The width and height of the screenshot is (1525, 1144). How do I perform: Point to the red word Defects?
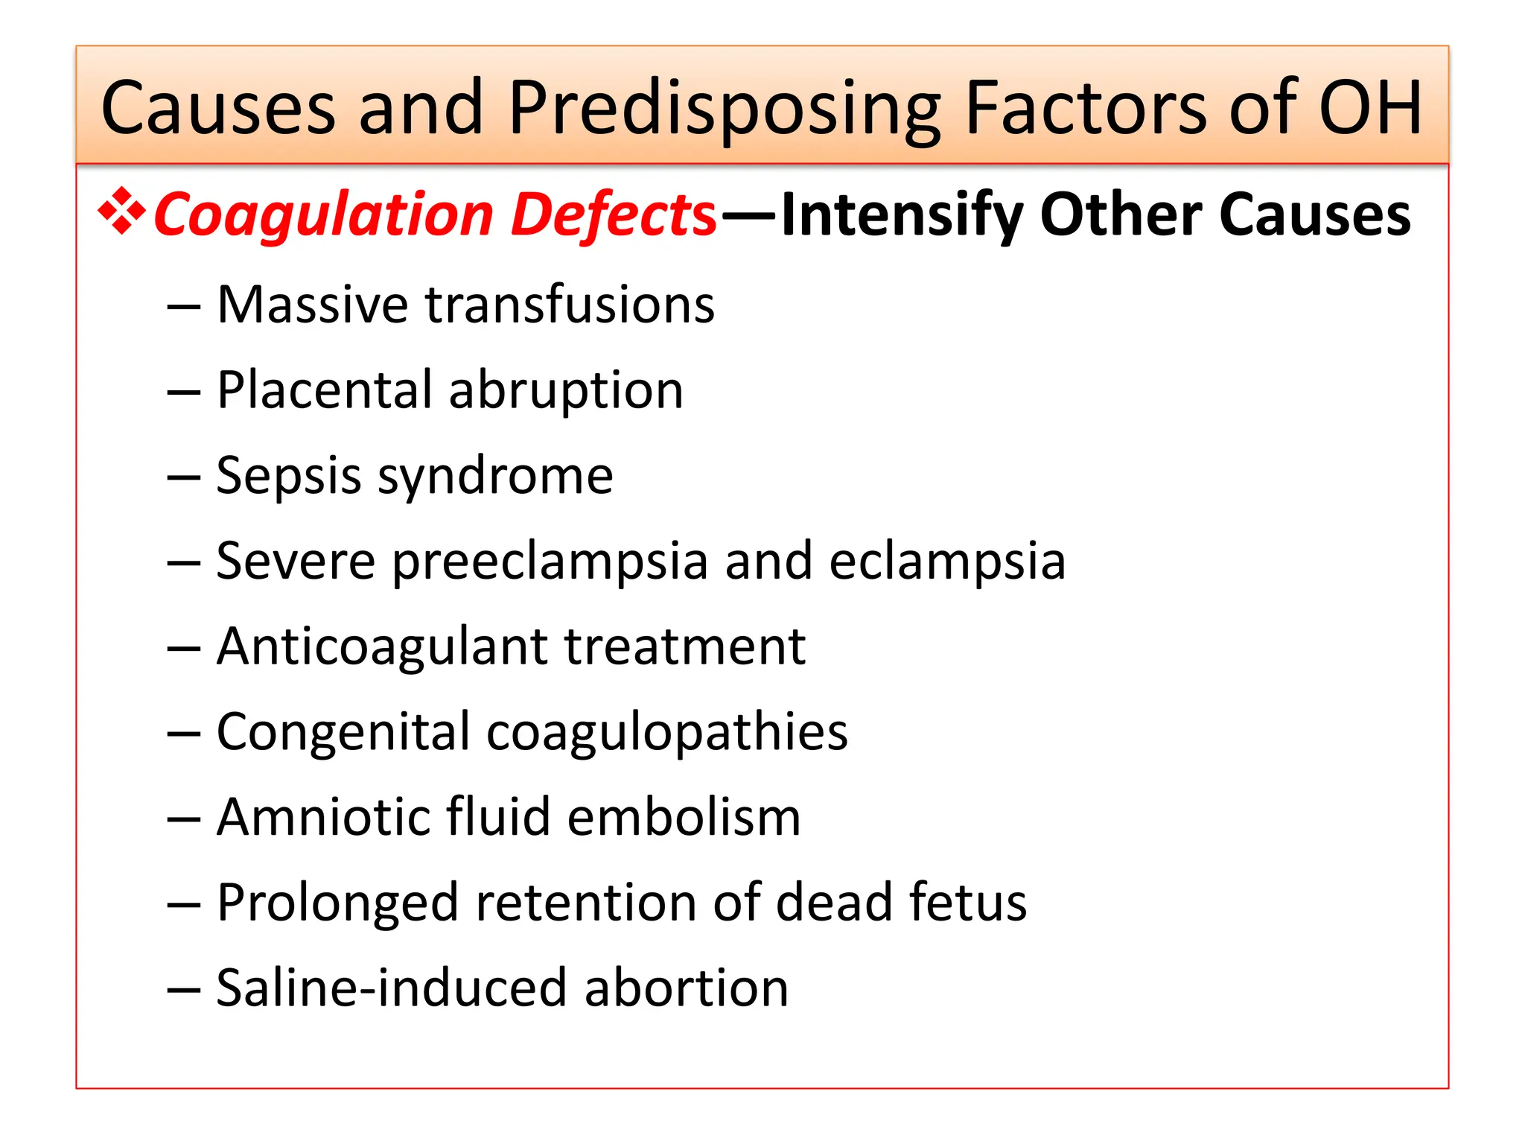click(614, 215)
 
